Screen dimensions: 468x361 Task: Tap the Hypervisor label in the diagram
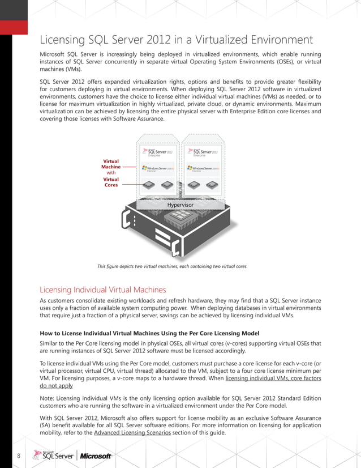tap(180, 205)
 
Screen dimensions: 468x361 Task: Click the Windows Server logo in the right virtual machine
tap(204, 169)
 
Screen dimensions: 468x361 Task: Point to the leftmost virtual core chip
tap(149, 185)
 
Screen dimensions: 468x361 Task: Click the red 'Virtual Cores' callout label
tap(111, 182)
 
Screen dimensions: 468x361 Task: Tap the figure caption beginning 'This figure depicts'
tap(171, 266)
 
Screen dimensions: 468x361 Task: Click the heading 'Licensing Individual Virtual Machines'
tap(102, 290)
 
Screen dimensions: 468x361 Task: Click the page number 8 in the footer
tap(19, 456)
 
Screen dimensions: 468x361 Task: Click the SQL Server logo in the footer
tap(53, 456)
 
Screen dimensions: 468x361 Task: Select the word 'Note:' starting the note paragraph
tap(48, 399)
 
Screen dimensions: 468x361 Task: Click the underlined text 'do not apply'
tap(56, 386)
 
